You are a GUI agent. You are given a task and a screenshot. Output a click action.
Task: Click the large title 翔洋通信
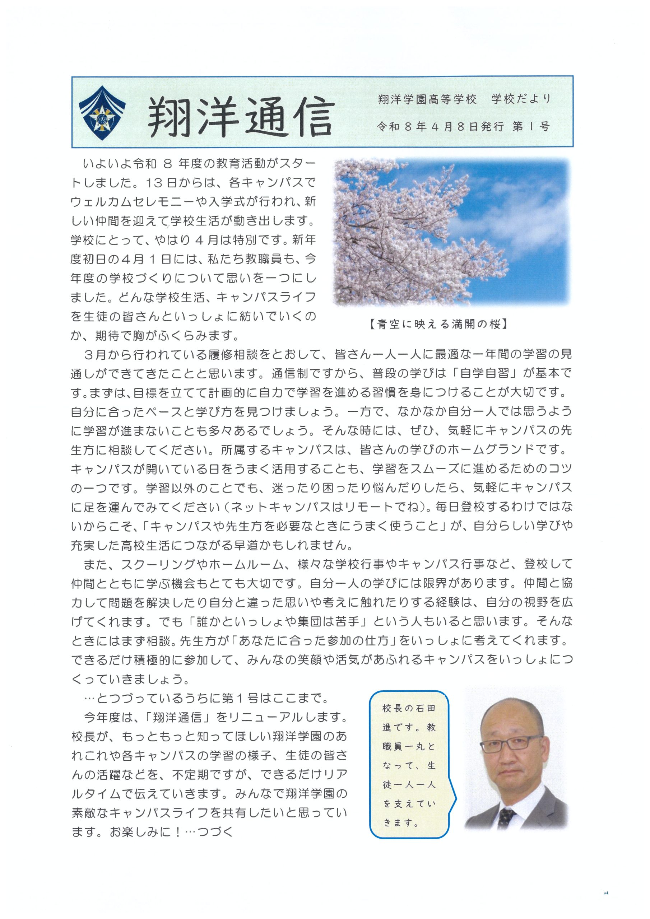240,116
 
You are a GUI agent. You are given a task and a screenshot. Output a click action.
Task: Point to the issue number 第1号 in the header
531,127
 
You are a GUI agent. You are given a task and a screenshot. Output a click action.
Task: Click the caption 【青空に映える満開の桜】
438,324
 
